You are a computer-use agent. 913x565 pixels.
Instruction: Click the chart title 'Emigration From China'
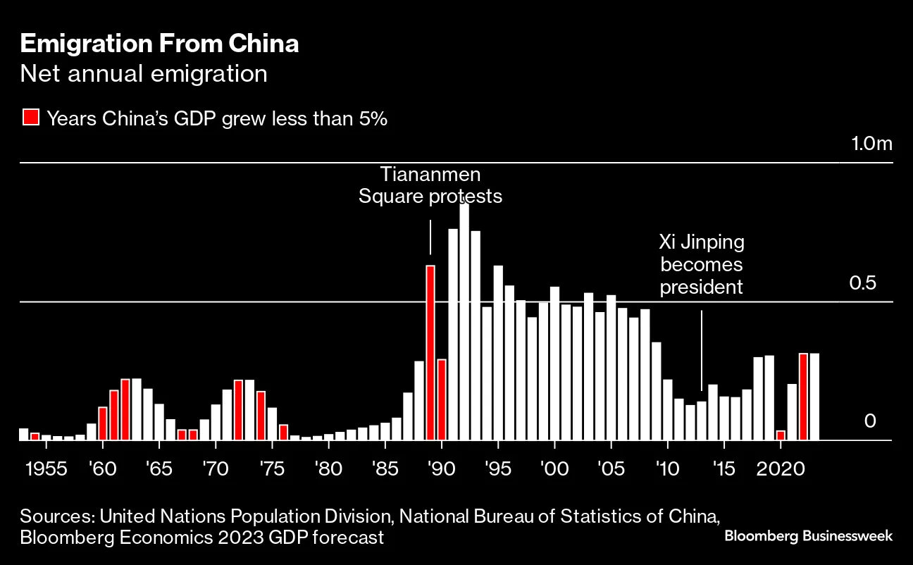(159, 44)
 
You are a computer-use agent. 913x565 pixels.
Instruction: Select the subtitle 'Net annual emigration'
(144, 74)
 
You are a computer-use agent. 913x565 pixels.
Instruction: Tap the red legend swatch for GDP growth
(30, 118)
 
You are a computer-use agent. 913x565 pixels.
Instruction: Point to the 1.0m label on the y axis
(871, 144)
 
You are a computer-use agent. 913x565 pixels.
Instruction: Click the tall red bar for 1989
(430, 352)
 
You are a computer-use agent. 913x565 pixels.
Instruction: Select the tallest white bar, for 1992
(464, 321)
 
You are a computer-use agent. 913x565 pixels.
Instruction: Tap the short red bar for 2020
(781, 435)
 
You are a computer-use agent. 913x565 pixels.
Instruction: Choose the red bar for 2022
(803, 397)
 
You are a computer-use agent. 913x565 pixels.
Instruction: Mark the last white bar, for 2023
(814, 397)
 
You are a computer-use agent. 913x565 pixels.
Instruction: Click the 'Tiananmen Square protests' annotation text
(430, 185)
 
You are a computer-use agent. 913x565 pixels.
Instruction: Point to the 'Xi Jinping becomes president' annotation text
(702, 265)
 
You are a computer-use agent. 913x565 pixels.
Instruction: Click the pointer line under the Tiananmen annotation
(430, 237)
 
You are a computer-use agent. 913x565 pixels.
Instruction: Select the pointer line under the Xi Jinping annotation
(702, 350)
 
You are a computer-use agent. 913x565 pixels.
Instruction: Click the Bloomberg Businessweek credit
(809, 536)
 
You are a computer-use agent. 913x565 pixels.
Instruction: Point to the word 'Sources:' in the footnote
(58, 516)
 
